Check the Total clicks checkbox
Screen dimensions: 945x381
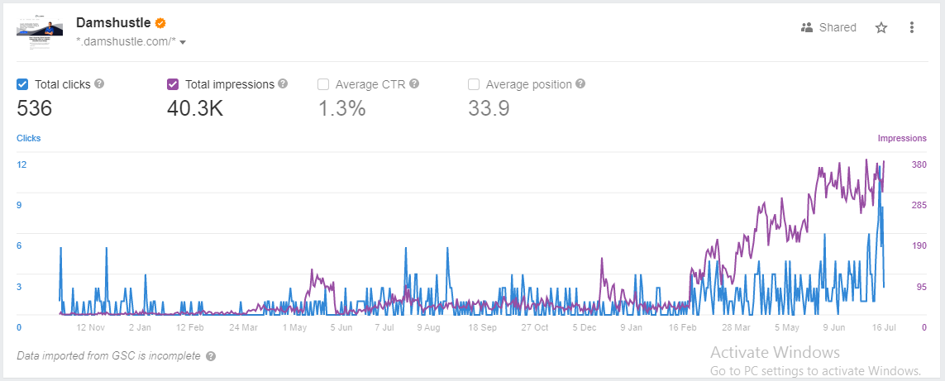click(x=22, y=84)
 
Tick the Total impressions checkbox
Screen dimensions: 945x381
click(x=173, y=84)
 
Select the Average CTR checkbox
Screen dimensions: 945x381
click(x=323, y=84)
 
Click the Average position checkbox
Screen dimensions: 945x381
click(x=474, y=84)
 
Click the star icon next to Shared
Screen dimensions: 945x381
click(x=881, y=28)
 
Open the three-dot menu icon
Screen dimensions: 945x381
click(x=912, y=28)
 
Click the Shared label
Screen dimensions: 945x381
click(x=838, y=28)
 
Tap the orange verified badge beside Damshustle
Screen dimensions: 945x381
click(x=160, y=23)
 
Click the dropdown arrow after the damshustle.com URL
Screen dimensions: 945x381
click(x=183, y=43)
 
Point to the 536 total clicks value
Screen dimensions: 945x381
click(x=35, y=109)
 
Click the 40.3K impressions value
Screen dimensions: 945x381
click(x=195, y=109)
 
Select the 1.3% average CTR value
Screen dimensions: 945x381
click(x=341, y=109)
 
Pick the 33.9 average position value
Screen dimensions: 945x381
click(x=489, y=109)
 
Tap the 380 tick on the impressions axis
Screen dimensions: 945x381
click(x=919, y=164)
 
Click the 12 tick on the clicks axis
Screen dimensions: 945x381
click(x=21, y=164)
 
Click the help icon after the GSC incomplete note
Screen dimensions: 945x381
click(x=210, y=356)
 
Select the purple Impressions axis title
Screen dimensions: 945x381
click(x=902, y=138)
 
